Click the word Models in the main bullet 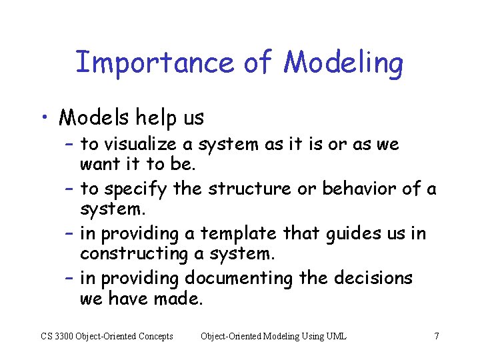pos(94,118)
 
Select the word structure pos(249,189)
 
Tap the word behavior pos(359,189)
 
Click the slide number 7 pos(436,336)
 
